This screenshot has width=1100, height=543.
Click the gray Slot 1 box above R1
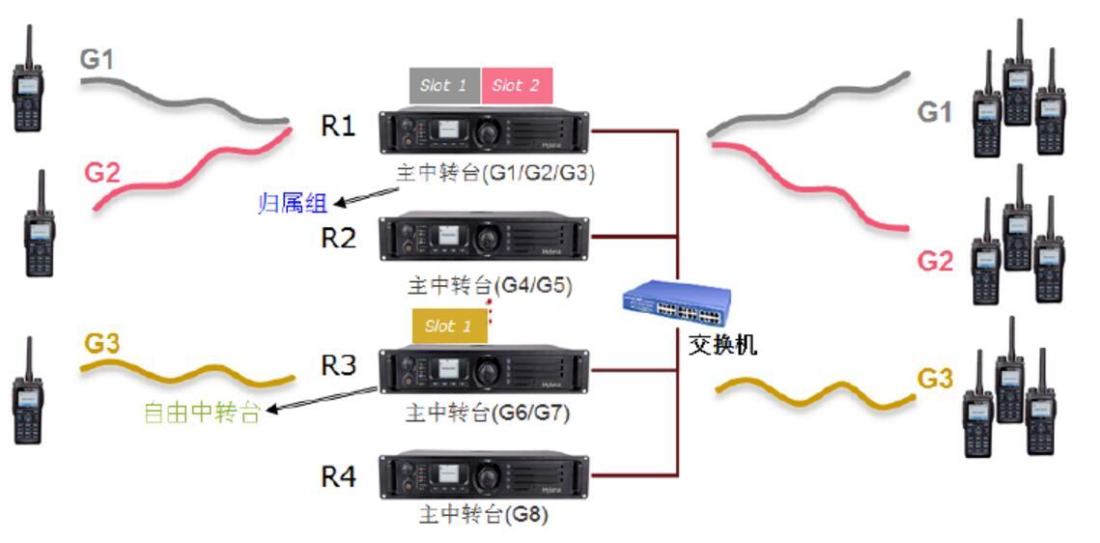pyautogui.click(x=444, y=86)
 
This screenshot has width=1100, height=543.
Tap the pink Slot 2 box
pyautogui.click(x=517, y=86)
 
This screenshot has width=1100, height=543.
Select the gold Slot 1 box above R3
pyautogui.click(x=449, y=327)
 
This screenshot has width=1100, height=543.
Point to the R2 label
pyautogui.click(x=338, y=238)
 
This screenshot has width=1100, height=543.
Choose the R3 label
pyautogui.click(x=338, y=365)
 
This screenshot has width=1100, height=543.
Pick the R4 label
pyautogui.click(x=338, y=476)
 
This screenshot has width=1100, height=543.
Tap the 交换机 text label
pyautogui.click(x=721, y=345)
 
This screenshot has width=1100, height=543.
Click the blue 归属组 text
pyautogui.click(x=293, y=203)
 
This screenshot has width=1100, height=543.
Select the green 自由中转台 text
pyautogui.click(x=202, y=413)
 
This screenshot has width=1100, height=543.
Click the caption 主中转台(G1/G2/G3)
pyautogui.click(x=495, y=174)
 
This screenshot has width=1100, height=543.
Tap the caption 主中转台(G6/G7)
pyautogui.click(x=488, y=414)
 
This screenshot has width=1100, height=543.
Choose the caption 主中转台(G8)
pyautogui.click(x=483, y=514)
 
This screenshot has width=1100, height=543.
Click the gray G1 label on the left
pyautogui.click(x=97, y=60)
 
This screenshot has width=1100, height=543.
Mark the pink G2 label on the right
pyautogui.click(x=935, y=261)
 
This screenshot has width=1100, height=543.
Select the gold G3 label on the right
pyautogui.click(x=935, y=378)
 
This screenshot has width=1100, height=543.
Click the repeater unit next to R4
pyautogui.click(x=484, y=475)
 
